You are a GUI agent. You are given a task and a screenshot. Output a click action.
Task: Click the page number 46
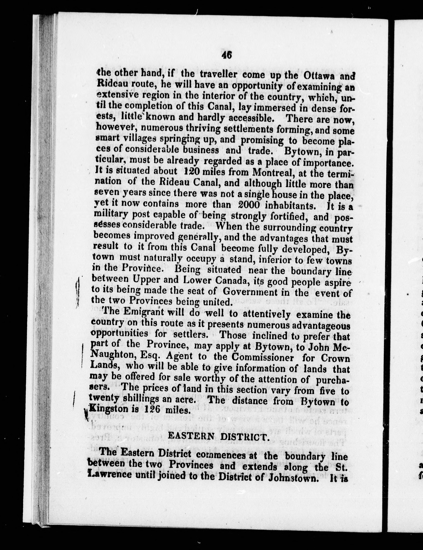pos(227,55)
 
